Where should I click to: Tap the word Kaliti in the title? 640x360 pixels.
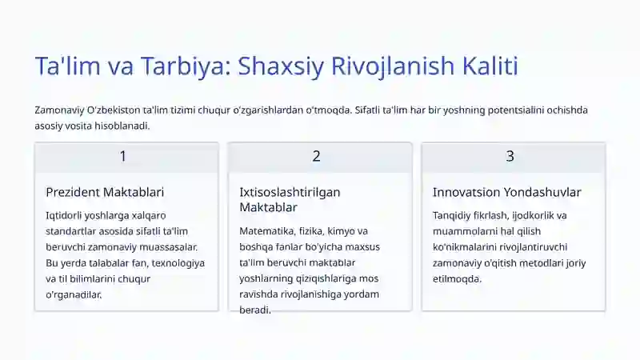tap(491, 66)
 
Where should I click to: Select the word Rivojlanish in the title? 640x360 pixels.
tap(399, 66)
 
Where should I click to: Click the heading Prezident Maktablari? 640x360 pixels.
tap(105, 192)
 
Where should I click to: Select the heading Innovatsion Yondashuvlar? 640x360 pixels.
tap(506, 192)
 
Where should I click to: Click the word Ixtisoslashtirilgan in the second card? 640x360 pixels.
tap(290, 192)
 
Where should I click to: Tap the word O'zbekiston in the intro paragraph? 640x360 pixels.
tap(115, 110)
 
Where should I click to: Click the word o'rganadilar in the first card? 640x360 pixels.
tap(74, 294)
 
